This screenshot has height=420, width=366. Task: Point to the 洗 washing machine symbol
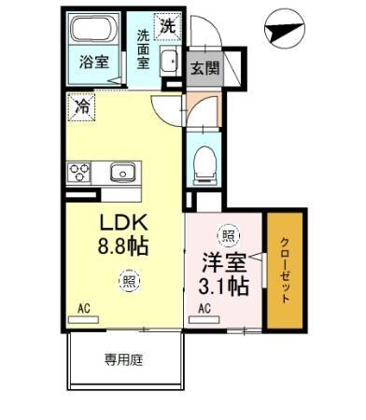click(x=167, y=27)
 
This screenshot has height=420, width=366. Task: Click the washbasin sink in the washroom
click(x=169, y=63)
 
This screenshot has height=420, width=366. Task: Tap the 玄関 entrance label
click(x=204, y=68)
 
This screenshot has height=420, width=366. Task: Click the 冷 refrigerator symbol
click(x=82, y=107)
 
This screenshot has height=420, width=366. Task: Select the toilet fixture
click(x=204, y=166)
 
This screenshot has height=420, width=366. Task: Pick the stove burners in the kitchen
click(x=77, y=172)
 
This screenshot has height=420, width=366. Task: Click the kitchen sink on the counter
click(x=122, y=172)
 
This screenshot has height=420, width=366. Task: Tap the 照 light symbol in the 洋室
click(x=226, y=235)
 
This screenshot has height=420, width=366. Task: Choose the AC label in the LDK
click(x=84, y=307)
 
